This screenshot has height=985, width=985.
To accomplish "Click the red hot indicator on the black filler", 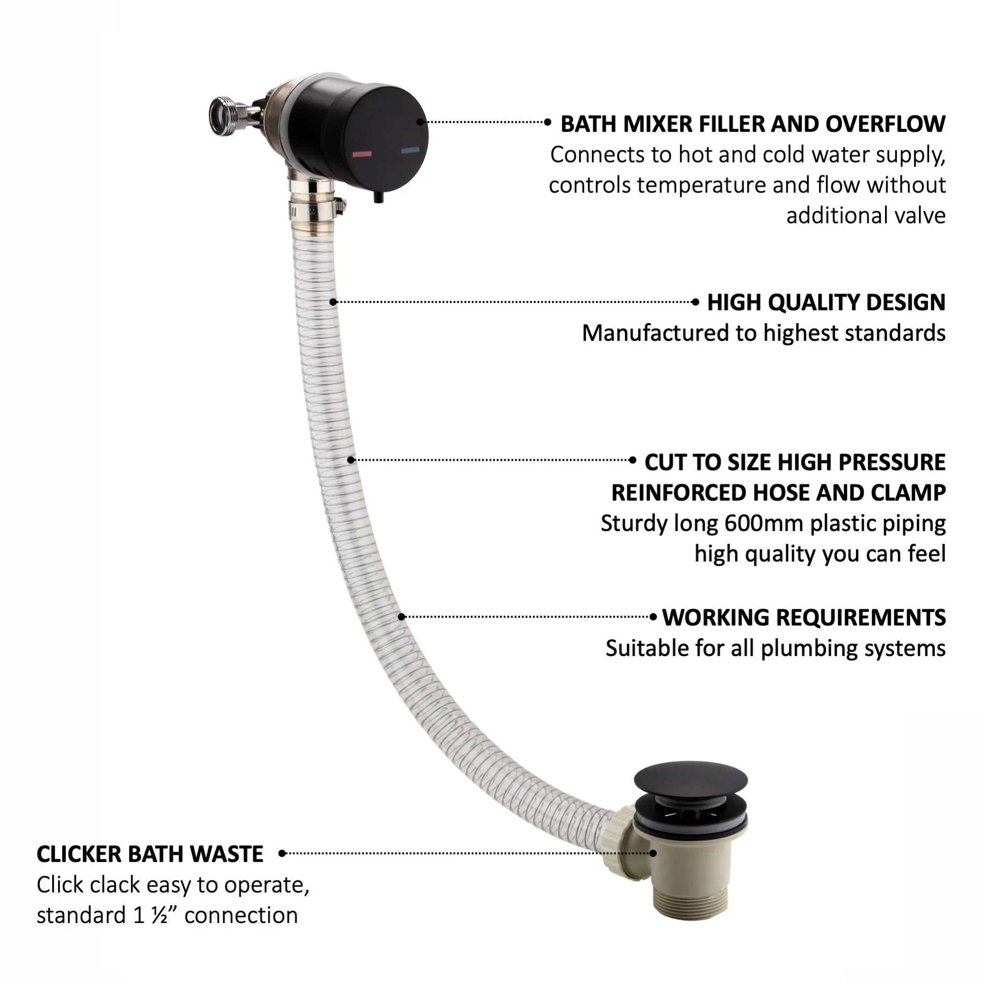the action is [362, 154].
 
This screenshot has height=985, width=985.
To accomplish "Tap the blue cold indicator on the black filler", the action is [410, 150].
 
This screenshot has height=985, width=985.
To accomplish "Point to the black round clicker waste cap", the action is [691, 781].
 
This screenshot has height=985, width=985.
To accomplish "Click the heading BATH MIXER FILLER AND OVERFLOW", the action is [753, 124].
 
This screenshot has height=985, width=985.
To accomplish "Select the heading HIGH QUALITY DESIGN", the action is [826, 302].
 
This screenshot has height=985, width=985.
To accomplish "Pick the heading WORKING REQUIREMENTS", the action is [804, 618].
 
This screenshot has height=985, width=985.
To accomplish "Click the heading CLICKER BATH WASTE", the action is [150, 854].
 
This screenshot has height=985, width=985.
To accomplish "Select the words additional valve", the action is [866, 215].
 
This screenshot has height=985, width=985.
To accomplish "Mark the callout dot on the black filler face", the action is [420, 122].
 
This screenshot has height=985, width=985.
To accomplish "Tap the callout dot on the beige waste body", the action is [653, 854].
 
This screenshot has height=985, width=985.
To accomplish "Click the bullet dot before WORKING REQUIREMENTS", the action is [653, 617].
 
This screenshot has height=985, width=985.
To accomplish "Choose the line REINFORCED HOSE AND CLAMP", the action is [779, 493].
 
